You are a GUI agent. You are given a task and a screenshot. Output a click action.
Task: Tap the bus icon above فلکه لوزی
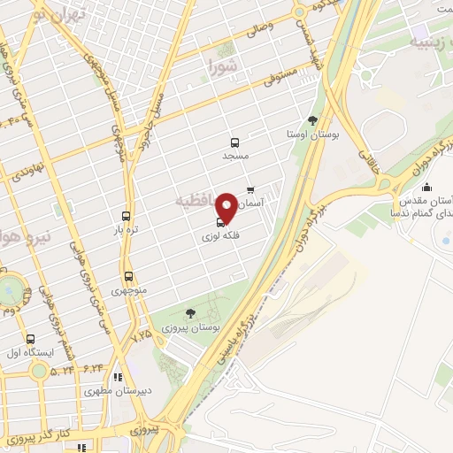pyautogui.click(x=220, y=223)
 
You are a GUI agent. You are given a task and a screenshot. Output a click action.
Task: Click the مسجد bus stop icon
pyautogui.click(x=234, y=142)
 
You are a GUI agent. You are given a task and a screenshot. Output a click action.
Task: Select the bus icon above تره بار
pyautogui.click(x=127, y=216)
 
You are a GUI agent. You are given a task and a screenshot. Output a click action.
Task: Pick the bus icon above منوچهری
pyautogui.click(x=129, y=276)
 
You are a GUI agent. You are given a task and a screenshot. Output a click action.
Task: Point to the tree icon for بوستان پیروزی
pyautogui.click(x=190, y=312)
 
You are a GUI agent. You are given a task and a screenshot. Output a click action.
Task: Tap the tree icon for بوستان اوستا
pyautogui.click(x=311, y=120)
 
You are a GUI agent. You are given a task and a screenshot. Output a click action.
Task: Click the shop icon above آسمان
pyautogui.click(x=250, y=189)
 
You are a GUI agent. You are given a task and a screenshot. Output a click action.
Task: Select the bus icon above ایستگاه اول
pyautogui.click(x=31, y=339)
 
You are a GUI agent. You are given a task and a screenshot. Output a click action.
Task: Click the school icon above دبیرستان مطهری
pyautogui.click(x=118, y=377)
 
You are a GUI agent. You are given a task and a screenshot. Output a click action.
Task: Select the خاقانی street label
pyautogui.click(x=365, y=157)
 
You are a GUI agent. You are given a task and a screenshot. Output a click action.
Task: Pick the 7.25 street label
pyautogui.click(x=142, y=336)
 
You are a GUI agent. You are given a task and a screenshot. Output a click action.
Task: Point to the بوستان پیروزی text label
pyautogui.click(x=190, y=327)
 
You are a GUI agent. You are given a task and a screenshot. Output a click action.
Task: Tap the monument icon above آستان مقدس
pyautogui.click(x=426, y=187)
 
